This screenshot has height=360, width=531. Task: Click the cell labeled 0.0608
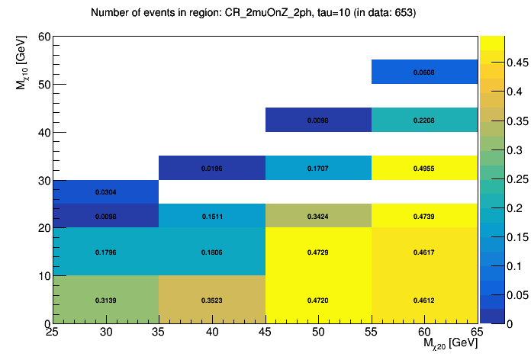click(x=424, y=72)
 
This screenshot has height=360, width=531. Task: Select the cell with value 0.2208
click(x=424, y=120)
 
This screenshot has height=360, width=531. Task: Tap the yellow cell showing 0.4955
click(x=424, y=168)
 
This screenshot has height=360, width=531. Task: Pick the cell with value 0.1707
click(x=318, y=168)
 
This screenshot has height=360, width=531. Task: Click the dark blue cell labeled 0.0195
click(x=212, y=168)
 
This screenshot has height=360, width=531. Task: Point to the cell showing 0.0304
click(x=106, y=192)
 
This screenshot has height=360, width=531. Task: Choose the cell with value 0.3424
click(x=318, y=216)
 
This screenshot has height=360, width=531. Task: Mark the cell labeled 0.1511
click(x=212, y=216)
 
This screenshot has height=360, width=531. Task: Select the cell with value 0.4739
click(x=424, y=216)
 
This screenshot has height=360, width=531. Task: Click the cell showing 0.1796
click(x=106, y=252)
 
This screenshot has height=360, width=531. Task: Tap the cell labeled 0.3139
click(x=106, y=300)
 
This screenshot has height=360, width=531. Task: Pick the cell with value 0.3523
click(x=212, y=300)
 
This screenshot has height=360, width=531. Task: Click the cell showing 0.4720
click(x=318, y=300)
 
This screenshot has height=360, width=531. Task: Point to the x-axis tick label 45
click(x=265, y=333)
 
